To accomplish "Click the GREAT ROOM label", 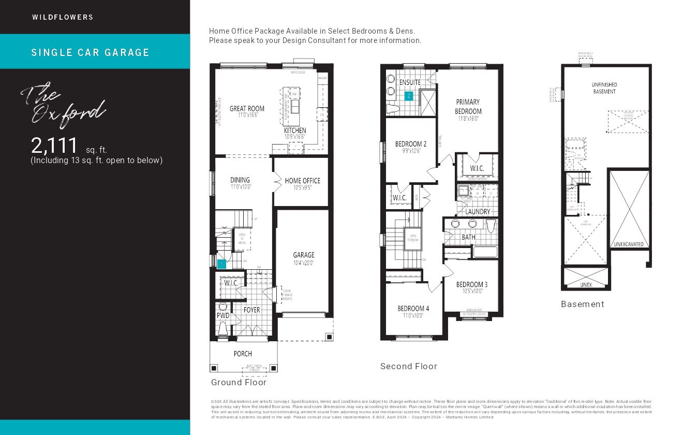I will pos(247,109).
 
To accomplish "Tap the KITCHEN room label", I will pos(294,130).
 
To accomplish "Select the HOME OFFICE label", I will pos(302,181).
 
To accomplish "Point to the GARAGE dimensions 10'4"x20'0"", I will pos(303,263).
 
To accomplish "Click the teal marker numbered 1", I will pos(221,264).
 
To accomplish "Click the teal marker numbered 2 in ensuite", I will pos(408,96).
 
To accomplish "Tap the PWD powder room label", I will pos(223,315).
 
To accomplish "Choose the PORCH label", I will pos(243,354).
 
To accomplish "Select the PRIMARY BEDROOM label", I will pos(468,107).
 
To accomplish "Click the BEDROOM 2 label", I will pos(411,144).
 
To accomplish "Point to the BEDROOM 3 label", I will pos(471,284).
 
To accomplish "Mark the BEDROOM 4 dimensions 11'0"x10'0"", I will pos(412,315).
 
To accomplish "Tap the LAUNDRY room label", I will pos(477,211).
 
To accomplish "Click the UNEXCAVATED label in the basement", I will pos(629,244).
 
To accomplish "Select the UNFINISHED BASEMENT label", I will pos(604,88).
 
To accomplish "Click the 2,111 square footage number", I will pos(54,146).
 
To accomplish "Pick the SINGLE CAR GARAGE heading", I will pos(91,52).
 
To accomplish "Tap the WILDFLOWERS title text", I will pos(63,17).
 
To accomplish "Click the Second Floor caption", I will pos(408,366).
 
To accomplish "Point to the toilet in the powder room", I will pos(223,327).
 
